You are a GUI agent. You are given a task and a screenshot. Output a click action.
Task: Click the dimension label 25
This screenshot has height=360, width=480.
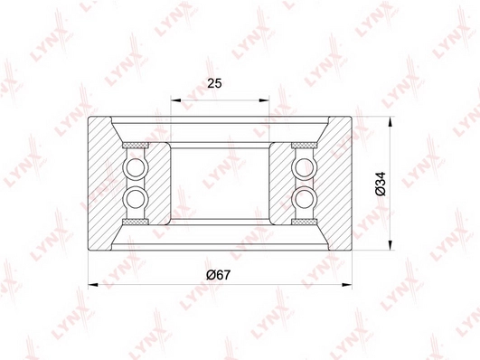tap(214, 83)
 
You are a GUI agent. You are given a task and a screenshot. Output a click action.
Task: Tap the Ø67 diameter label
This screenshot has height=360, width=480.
tap(218, 275)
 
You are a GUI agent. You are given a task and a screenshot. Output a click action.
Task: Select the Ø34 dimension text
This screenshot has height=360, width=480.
tap(381, 184)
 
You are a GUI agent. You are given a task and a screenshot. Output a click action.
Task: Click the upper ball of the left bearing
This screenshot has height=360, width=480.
tap(135, 167)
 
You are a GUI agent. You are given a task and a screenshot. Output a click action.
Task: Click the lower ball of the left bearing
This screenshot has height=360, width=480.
tap(135, 198)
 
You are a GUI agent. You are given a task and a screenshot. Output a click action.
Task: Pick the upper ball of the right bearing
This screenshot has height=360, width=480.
tap(305, 167)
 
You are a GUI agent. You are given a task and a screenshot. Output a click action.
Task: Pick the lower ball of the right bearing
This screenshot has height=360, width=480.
tap(305, 198)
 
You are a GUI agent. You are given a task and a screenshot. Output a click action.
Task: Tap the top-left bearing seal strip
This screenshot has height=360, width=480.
tap(136, 145)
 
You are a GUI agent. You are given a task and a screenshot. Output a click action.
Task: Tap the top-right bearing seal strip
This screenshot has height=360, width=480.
tap(304, 145)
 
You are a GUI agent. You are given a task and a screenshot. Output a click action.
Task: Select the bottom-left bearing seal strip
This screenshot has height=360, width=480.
tap(136, 222)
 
